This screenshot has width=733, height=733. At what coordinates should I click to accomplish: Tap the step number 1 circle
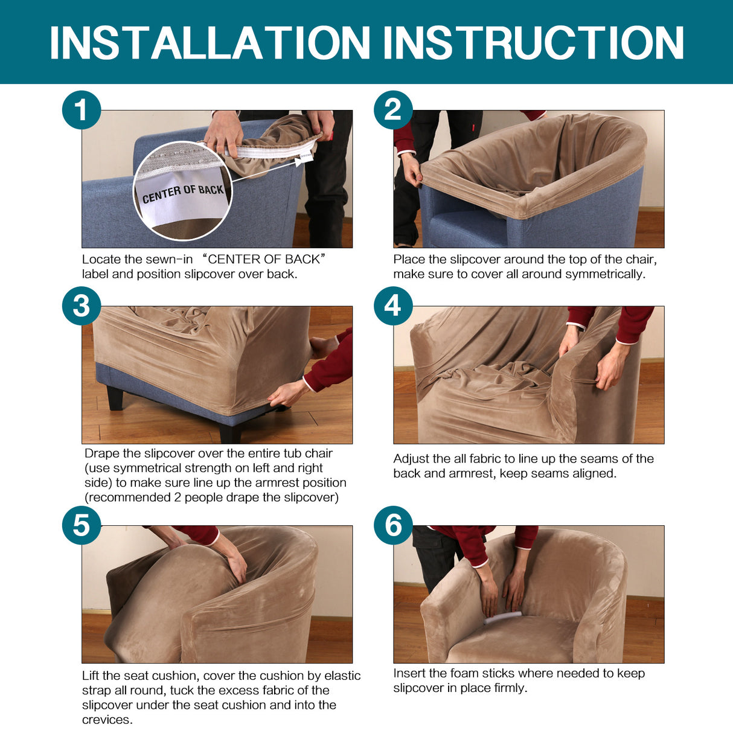[82, 110]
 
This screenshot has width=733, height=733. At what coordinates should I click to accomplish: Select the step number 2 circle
[393, 110]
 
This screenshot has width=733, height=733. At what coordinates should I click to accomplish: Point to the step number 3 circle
[82, 306]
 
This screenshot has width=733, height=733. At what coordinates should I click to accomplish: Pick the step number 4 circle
[393, 306]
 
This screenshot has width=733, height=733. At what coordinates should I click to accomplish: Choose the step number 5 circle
[82, 525]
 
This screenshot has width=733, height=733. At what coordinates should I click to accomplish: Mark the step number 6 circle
[393, 525]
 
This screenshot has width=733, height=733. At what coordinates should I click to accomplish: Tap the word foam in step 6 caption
[464, 673]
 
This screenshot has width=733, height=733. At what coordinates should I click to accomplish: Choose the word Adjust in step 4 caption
[412, 459]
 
